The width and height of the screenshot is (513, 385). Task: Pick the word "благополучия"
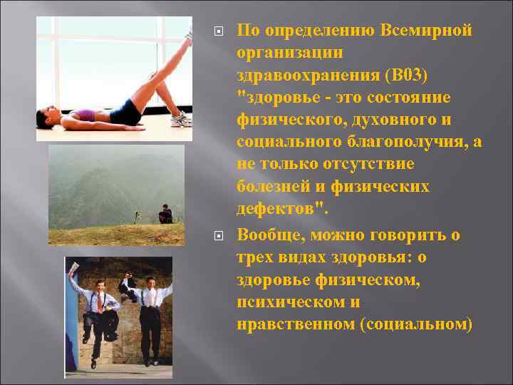411,142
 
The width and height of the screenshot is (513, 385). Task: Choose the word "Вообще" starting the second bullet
274,235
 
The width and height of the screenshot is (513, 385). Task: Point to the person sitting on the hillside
165,214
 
